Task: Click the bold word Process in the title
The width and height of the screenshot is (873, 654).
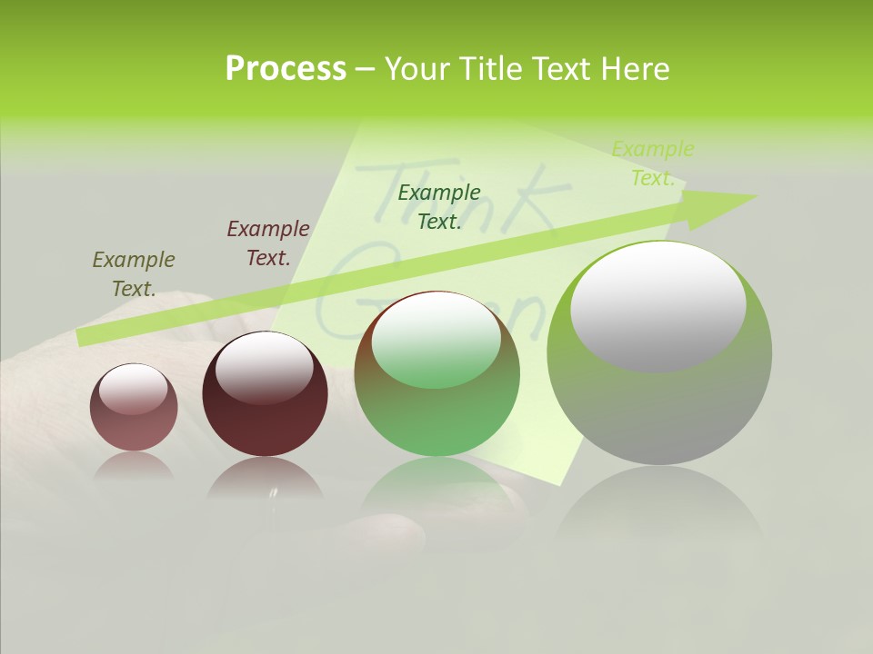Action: (x=286, y=68)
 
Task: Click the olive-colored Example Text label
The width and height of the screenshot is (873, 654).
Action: (x=134, y=274)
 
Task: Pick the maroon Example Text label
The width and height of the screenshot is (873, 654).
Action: (x=268, y=243)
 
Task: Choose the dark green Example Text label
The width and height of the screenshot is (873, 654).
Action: (x=439, y=207)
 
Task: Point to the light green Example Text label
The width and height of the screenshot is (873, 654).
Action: (x=653, y=163)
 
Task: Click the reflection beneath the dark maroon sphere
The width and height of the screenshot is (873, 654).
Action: (x=265, y=477)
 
